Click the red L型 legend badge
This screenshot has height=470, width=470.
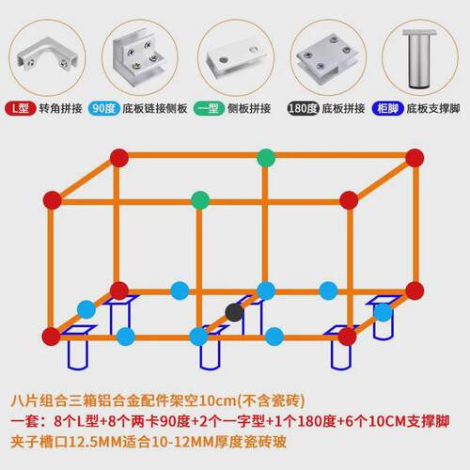point(21,108)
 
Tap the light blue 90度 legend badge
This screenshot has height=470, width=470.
point(104,108)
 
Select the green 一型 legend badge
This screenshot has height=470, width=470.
point(209,108)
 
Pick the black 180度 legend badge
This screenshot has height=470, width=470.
point(303,108)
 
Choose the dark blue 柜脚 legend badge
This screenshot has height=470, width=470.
point(388,108)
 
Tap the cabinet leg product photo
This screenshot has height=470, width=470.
point(419,57)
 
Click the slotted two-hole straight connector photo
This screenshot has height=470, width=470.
point(235,56)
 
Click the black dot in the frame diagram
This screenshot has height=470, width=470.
point(234,312)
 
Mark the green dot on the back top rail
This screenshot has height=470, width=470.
point(266,158)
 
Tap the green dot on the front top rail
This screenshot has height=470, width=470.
point(200,200)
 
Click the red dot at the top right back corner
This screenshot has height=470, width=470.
point(415,158)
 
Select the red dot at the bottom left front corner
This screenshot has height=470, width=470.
point(51,337)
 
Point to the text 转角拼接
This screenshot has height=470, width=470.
point(60,108)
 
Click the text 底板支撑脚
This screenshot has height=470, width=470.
point(433,108)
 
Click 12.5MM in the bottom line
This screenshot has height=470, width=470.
point(95,442)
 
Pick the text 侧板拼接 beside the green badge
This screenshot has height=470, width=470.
point(249,108)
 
